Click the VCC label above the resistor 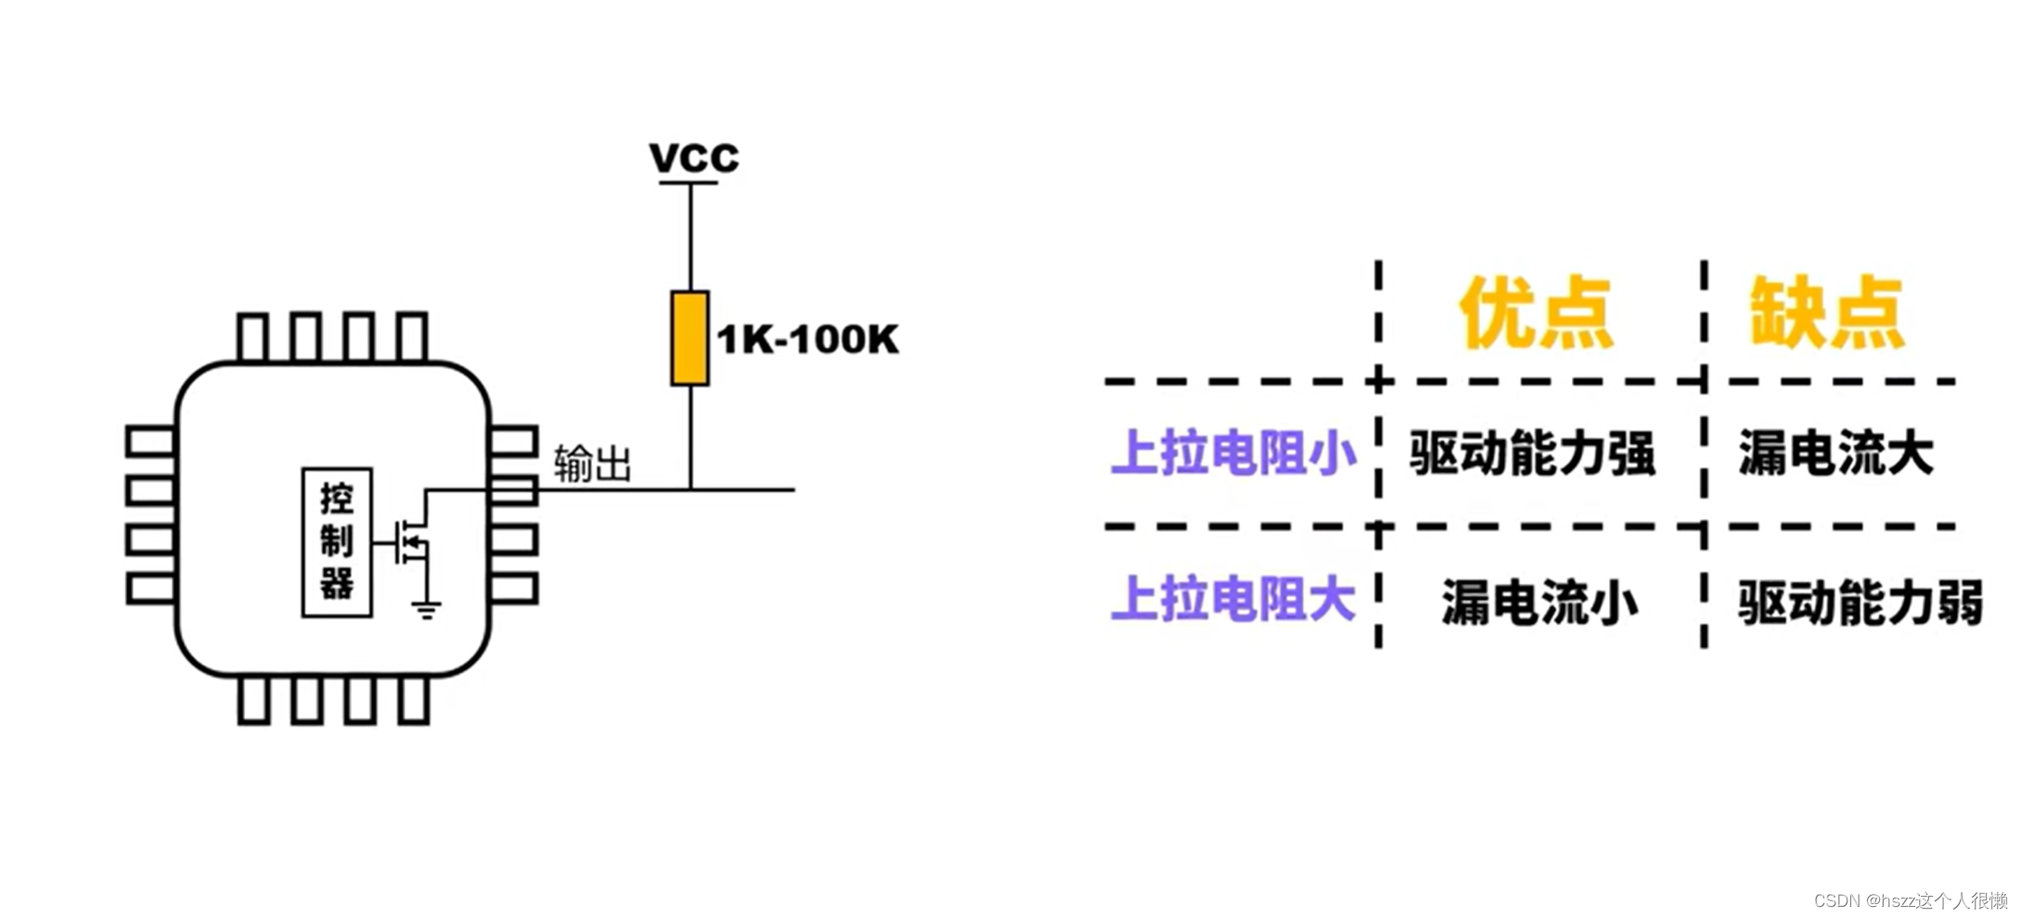pos(693,158)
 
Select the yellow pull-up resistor pos(690,338)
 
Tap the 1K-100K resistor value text pos(808,340)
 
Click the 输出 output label pos(592,463)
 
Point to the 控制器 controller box pos(337,542)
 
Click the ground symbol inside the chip pos(426,610)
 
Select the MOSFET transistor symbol pos(411,540)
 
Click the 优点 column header pos(1536,313)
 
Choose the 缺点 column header pos(1826,313)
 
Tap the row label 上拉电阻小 pos(1233,453)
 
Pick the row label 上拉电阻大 pos(1233,599)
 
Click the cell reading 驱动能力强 pos(1532,454)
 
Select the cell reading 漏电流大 pos(1835,454)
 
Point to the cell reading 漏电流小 pos(1539,602)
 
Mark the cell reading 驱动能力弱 pos(1860,602)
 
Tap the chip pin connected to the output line pos(513,490)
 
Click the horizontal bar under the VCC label pos(689,183)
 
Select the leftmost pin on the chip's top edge pos(253,337)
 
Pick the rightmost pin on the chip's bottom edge pos(414,701)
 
